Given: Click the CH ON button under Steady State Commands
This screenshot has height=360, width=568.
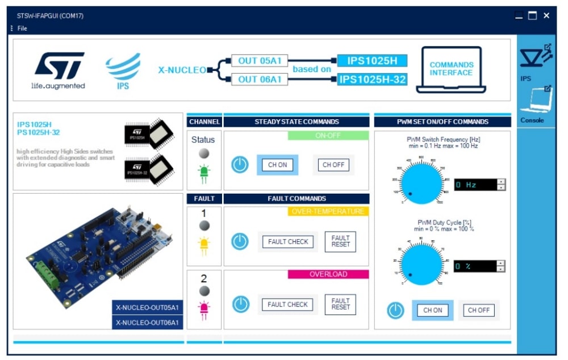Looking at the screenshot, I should click(x=278, y=165).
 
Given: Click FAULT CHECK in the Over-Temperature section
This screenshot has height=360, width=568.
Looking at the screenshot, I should click(x=288, y=242).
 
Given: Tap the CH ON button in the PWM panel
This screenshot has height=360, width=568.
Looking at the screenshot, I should click(x=433, y=311).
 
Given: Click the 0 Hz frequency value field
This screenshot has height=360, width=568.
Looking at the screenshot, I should click(x=475, y=185).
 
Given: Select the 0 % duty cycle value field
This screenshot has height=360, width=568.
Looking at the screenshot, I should click(x=475, y=266).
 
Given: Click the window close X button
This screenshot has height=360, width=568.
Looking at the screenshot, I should click(x=546, y=16).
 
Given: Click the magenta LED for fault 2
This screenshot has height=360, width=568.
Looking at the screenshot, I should click(x=203, y=308).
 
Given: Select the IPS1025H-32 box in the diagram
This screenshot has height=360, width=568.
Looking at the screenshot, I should click(x=372, y=79).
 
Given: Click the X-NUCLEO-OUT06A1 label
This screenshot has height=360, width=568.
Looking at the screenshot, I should click(x=147, y=323).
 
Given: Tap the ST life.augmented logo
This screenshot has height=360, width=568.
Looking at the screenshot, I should click(x=59, y=70).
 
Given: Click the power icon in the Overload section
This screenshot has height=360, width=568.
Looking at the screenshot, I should click(x=240, y=304).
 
